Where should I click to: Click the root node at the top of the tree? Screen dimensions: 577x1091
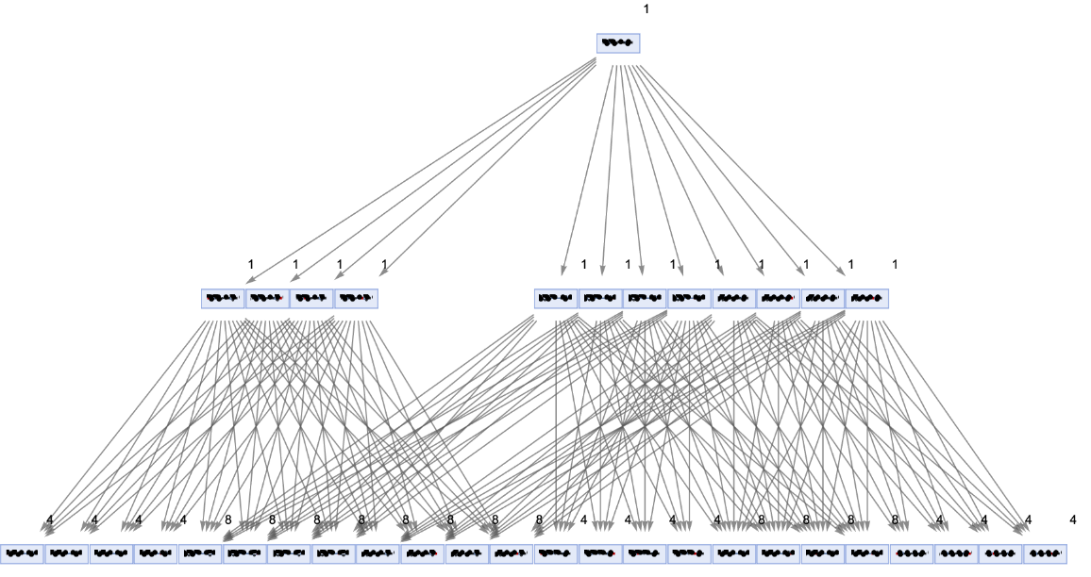pyautogui.click(x=618, y=43)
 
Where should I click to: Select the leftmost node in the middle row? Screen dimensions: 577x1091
pyautogui.click(x=223, y=299)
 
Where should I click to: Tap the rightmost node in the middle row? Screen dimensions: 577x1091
pyautogui.click(x=866, y=299)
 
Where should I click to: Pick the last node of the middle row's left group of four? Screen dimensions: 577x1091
pyautogui.click(x=356, y=299)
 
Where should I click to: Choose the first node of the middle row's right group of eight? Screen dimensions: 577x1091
pyautogui.click(x=556, y=299)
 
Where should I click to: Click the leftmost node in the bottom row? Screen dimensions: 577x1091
pyautogui.click(x=23, y=554)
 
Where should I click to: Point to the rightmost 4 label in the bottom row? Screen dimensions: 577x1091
pyautogui.click(x=1073, y=520)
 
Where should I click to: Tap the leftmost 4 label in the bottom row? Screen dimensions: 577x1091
pyautogui.click(x=50, y=520)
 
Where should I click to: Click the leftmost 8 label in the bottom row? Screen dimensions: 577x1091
pyautogui.click(x=227, y=520)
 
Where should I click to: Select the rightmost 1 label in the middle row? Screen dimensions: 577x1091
pyautogui.click(x=895, y=265)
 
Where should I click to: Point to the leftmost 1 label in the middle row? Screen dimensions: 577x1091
pyautogui.click(x=251, y=265)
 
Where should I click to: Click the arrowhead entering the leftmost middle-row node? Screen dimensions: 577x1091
pyautogui.click(x=248, y=278)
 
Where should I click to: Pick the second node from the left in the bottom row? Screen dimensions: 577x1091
pyautogui.click(x=67, y=554)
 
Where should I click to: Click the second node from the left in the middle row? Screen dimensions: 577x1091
pyautogui.click(x=267, y=299)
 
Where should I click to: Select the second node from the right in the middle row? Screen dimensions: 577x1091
pyautogui.click(x=822, y=299)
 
